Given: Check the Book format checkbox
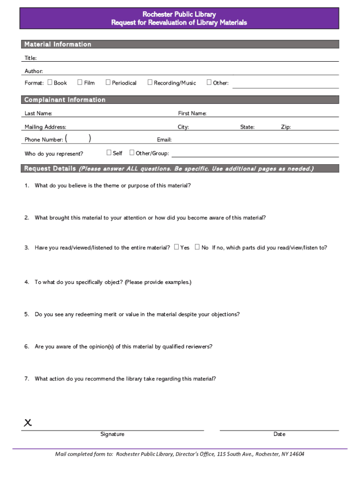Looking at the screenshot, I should pos(50,82).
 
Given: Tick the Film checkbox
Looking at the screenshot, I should pos(80,82).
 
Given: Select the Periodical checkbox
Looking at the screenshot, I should pos(108,82).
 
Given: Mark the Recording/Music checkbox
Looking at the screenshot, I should pos(150,82).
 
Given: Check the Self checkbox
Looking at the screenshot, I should pos(109,152).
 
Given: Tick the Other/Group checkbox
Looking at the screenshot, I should pos(132,152).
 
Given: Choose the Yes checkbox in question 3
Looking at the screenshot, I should pos(176,247).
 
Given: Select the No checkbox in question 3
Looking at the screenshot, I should pos(197,247).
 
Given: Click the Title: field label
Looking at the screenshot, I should pos(30,58).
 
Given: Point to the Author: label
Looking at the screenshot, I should pos(34,71).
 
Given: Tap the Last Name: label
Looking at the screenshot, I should pos(38,113).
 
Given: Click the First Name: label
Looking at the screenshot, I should pos(192,113).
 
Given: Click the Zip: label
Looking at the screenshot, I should pos(286,127).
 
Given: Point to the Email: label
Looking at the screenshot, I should pos(164,139).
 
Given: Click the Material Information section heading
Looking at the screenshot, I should pos(58,44).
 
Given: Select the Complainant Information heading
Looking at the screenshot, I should pos(65,100).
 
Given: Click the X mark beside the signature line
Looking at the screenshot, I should pos(28,423).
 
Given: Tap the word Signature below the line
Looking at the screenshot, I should pos(112,434).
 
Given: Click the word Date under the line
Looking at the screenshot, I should pos(279,434).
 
